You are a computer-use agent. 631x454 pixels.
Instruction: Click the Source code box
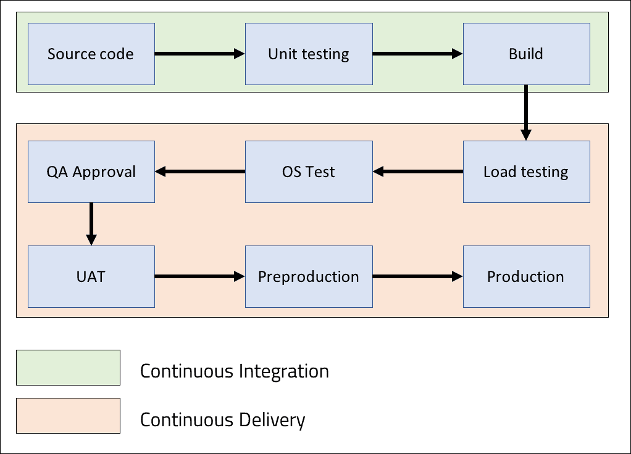coord(91,54)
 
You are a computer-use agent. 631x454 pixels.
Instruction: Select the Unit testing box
coord(309,54)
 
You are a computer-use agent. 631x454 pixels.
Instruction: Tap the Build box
coord(526,54)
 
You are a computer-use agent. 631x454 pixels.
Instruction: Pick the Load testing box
coord(526,171)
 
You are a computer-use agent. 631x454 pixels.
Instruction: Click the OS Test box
coord(309,171)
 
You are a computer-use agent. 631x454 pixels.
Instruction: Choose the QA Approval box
coord(91,171)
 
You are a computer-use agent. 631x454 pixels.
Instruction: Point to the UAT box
coord(91,276)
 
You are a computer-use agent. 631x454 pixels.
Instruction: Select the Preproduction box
coord(309,276)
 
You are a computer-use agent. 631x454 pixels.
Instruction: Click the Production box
coord(526,276)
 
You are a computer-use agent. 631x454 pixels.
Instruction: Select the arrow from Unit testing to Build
coord(417,54)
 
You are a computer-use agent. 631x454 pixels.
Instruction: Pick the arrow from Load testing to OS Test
coord(417,171)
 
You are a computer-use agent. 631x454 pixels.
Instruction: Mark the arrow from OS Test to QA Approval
coord(199,171)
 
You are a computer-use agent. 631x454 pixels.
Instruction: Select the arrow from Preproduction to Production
coord(417,277)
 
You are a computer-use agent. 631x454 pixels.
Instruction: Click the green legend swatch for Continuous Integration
coord(68,368)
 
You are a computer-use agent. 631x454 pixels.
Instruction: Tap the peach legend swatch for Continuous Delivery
coord(68,415)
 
